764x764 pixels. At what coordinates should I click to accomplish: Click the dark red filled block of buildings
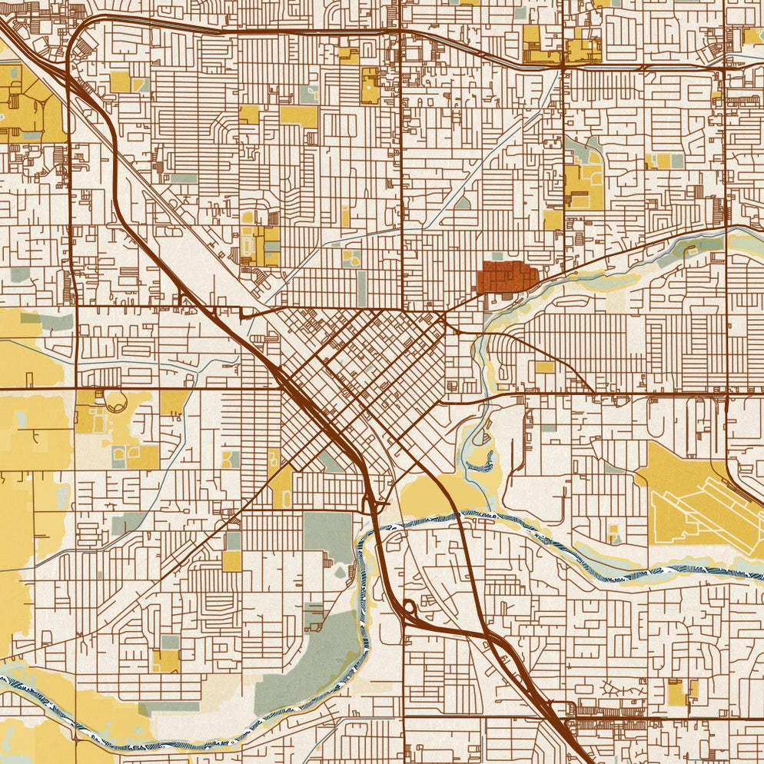(x=507, y=277)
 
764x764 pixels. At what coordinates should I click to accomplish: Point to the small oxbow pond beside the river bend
(x=480, y=460)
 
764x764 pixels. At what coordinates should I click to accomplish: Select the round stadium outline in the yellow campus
(x=116, y=400)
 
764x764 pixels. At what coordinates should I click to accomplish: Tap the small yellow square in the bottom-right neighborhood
(x=676, y=693)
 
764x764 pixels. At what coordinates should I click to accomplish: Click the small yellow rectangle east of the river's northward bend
(x=544, y=367)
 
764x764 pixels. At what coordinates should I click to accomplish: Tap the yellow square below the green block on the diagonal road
(x=232, y=561)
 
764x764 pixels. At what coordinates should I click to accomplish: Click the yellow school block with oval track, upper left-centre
(x=260, y=245)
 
